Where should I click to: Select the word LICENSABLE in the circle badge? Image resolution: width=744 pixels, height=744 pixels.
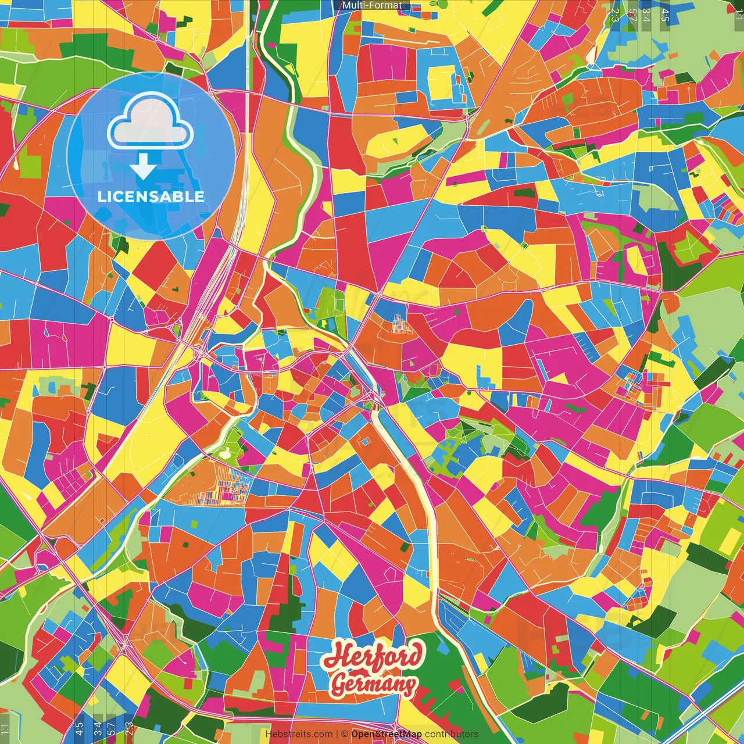coord(151,196)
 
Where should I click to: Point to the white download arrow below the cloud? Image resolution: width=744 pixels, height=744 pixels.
coord(142,167)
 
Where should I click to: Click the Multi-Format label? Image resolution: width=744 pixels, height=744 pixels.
coord(372,5)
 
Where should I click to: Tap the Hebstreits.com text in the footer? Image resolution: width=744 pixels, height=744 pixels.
coord(299,734)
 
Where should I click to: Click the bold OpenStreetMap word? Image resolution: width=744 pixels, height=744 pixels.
coord(387,734)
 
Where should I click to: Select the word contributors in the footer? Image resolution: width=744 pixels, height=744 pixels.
coord(452,734)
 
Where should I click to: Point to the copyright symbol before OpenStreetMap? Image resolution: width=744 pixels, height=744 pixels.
coord(345,734)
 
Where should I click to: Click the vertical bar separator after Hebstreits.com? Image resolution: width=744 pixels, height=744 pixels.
coord(337,734)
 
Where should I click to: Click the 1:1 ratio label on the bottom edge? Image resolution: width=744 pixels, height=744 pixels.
coord(5,729)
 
